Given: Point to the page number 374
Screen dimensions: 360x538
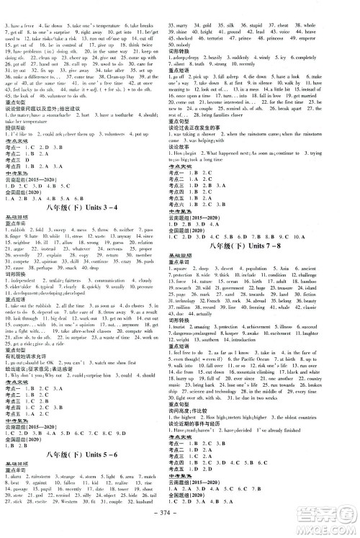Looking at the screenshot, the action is [179, 526].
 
